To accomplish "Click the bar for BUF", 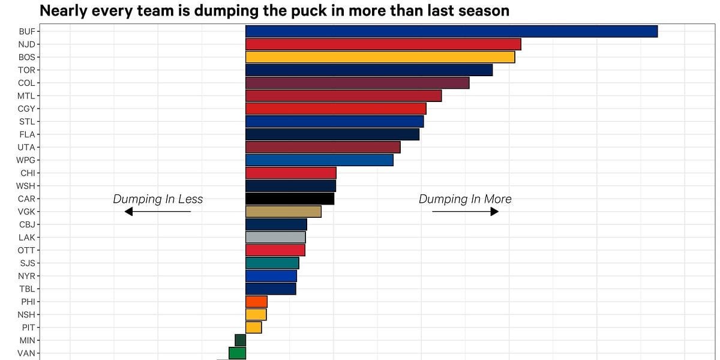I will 451,31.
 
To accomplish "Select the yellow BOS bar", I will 380,57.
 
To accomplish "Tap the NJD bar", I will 383,44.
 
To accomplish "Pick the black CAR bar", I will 290,199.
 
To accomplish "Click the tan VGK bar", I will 283,211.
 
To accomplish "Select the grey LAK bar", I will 275,237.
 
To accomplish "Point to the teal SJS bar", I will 272,263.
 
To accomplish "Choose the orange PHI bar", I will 256,301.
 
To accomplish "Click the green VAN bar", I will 237,353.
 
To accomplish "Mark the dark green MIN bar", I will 240,340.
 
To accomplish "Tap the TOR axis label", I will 26,70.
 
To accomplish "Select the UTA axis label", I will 26,147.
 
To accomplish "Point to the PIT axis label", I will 28,328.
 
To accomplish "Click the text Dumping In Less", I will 158,199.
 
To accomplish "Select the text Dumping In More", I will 465,199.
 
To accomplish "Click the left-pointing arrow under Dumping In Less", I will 157,212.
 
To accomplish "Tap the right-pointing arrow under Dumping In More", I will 465,212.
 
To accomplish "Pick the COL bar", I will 357,83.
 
